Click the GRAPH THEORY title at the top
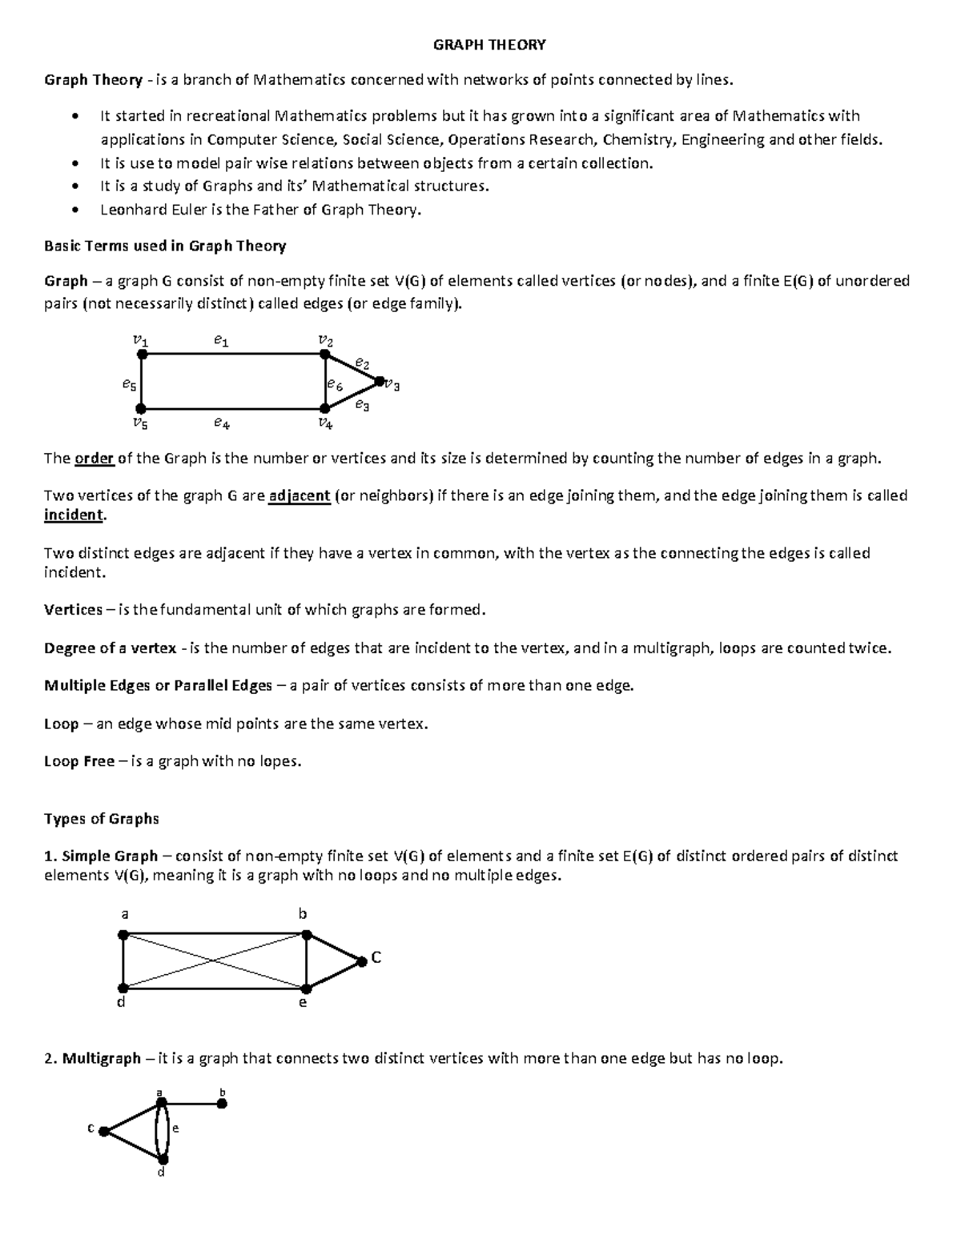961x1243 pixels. [x=489, y=45]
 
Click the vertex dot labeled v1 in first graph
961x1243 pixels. [x=141, y=354]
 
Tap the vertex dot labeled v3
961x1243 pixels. [x=380, y=382]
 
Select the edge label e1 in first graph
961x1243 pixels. [x=221, y=341]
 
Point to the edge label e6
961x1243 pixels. [x=335, y=386]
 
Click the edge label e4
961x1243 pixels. [x=222, y=423]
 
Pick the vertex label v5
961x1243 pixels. [x=140, y=423]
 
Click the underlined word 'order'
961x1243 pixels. [x=94, y=459]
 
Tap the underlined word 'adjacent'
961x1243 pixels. [x=300, y=496]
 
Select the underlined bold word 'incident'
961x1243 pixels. [x=74, y=515]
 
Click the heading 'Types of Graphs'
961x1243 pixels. [x=102, y=819]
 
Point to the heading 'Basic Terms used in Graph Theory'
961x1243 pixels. [x=164, y=246]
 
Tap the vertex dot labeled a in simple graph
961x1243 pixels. [x=123, y=934]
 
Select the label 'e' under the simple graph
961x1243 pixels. [x=303, y=1002]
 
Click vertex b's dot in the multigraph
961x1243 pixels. [x=223, y=1104]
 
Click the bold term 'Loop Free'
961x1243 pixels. [x=79, y=761]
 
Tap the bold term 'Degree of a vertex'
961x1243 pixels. [x=110, y=648]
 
